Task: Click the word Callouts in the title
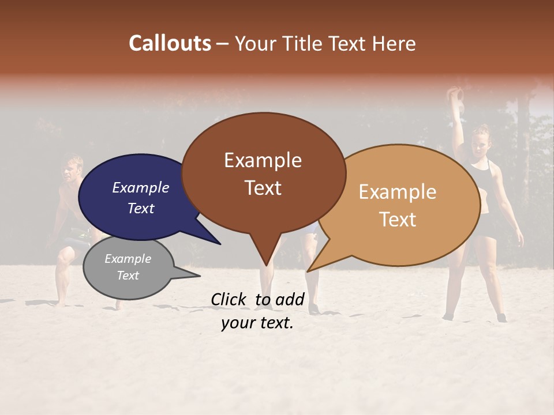(x=170, y=43)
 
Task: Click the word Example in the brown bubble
(x=263, y=160)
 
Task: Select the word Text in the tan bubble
(x=398, y=220)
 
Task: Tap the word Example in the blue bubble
(x=141, y=187)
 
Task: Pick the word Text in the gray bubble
(x=128, y=276)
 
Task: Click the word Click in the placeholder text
(x=229, y=299)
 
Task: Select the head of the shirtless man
(x=72, y=168)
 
